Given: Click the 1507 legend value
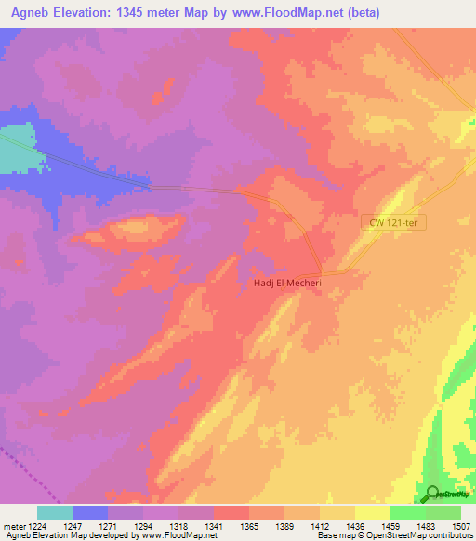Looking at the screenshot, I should (461, 526).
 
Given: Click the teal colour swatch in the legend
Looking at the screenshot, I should (55, 512).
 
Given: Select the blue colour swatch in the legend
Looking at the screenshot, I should (90, 512).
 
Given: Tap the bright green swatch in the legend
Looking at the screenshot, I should (408, 512).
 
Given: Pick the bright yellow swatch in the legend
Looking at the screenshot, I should (373, 512).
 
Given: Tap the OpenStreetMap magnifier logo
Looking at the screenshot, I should (432, 493).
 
